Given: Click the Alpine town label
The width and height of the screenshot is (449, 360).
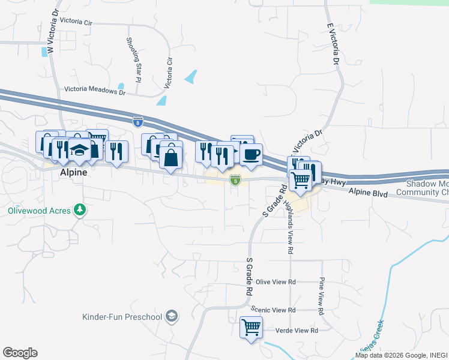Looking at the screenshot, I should pyautogui.click(x=73, y=172).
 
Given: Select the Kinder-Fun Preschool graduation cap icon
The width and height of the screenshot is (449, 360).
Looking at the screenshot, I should pyautogui.click(x=172, y=316).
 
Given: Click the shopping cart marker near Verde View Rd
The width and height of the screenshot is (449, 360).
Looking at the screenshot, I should pyautogui.click(x=251, y=328).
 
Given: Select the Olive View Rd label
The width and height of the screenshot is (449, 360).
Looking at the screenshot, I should pyautogui.click(x=276, y=281).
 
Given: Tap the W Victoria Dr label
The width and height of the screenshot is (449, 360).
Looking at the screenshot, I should pyautogui.click(x=52, y=30).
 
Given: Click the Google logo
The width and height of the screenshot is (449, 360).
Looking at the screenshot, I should pyautogui.click(x=20, y=353).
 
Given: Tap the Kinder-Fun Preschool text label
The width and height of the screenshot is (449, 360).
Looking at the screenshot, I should pyautogui.click(x=122, y=316).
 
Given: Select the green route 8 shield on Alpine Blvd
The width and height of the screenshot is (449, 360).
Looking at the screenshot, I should pyautogui.click(x=235, y=180).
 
